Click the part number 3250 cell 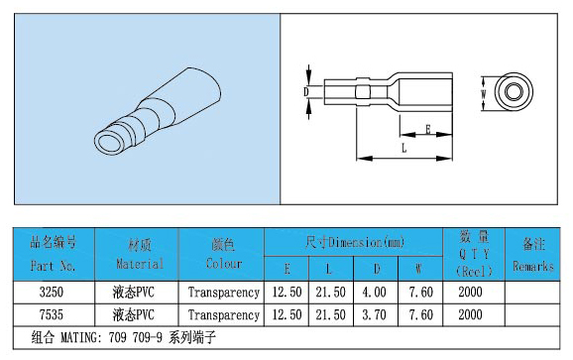[x=52, y=292]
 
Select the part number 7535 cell [x=52, y=314]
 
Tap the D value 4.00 [x=374, y=292]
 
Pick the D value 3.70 [x=374, y=314]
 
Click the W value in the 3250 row [x=421, y=292]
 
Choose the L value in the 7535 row [x=331, y=314]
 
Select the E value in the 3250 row [x=287, y=292]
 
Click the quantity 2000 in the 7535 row [x=470, y=314]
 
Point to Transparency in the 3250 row [x=224, y=293]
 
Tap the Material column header [x=140, y=255]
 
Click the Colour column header [x=224, y=255]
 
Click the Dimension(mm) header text [x=367, y=242]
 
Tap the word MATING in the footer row [x=79, y=337]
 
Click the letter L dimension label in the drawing [x=403, y=148]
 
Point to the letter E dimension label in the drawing [x=428, y=129]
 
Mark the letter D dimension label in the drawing [x=306, y=92]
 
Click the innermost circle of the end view [x=514, y=91]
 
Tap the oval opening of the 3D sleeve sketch [x=108, y=142]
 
